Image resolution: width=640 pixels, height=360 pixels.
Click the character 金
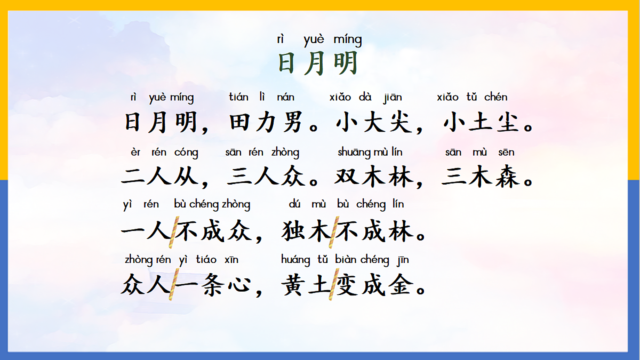401,286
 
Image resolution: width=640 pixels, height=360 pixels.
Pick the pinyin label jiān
393,98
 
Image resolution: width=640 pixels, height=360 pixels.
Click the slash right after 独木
333,231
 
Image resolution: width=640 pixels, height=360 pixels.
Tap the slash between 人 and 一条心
173,286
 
